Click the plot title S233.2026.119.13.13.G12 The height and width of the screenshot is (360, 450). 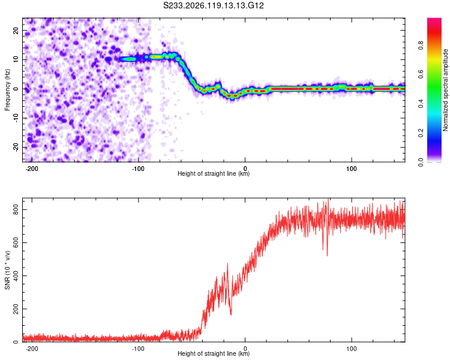pos(213,5)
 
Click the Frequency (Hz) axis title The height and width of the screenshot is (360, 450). pos(7,90)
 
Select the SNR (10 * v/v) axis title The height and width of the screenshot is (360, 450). pos(7,270)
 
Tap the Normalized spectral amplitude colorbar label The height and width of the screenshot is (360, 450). pos(445,90)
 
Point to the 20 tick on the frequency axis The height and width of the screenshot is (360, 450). pos(16,30)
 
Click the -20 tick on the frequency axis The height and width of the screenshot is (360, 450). pos(16,147)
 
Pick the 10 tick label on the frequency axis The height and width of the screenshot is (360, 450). pos(16,59)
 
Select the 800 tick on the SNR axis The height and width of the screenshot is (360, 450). pos(16,210)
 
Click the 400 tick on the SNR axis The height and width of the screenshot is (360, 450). pos(16,276)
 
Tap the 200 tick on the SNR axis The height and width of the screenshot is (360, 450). pos(16,309)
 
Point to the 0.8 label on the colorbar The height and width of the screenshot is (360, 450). pos(421,46)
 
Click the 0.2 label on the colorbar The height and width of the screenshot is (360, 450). pos(421,133)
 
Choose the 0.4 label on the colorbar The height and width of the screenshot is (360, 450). pos(421,104)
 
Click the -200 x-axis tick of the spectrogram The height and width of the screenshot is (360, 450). pos(32,169)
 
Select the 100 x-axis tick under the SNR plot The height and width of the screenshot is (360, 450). pos(351,349)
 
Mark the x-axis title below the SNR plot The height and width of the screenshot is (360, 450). pos(214,353)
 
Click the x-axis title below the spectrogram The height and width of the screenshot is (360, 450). pos(214,173)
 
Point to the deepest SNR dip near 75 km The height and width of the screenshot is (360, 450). pos(327,255)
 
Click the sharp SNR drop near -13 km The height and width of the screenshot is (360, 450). pos(231,314)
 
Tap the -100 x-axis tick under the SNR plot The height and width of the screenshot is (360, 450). pos(139,349)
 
